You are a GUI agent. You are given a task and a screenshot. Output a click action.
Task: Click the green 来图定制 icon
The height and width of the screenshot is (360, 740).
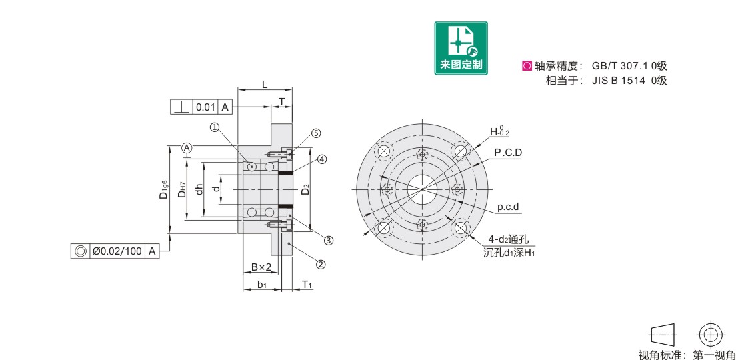pyautogui.click(x=461, y=47)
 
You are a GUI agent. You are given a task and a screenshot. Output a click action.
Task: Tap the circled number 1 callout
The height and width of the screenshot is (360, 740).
pyautogui.click(x=215, y=127)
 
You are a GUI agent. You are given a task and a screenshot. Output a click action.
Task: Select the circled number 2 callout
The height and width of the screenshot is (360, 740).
pyautogui.click(x=321, y=264)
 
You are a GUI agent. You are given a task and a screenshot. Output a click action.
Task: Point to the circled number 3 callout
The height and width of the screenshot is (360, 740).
pyautogui.click(x=329, y=240)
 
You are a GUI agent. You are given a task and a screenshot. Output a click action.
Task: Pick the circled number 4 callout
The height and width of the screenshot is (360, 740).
pyautogui.click(x=321, y=159)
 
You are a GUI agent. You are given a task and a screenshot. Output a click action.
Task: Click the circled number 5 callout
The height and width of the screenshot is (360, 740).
pyautogui.click(x=316, y=133)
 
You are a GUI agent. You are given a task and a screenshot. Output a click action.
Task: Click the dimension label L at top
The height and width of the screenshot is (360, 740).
pyautogui.click(x=265, y=85)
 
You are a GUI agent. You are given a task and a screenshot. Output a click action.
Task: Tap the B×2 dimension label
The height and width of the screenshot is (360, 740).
pyautogui.click(x=261, y=267)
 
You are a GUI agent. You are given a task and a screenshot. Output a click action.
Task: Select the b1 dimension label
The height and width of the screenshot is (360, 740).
pyautogui.click(x=262, y=285)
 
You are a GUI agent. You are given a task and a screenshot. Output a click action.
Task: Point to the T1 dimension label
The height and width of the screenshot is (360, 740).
pyautogui.click(x=307, y=284)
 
